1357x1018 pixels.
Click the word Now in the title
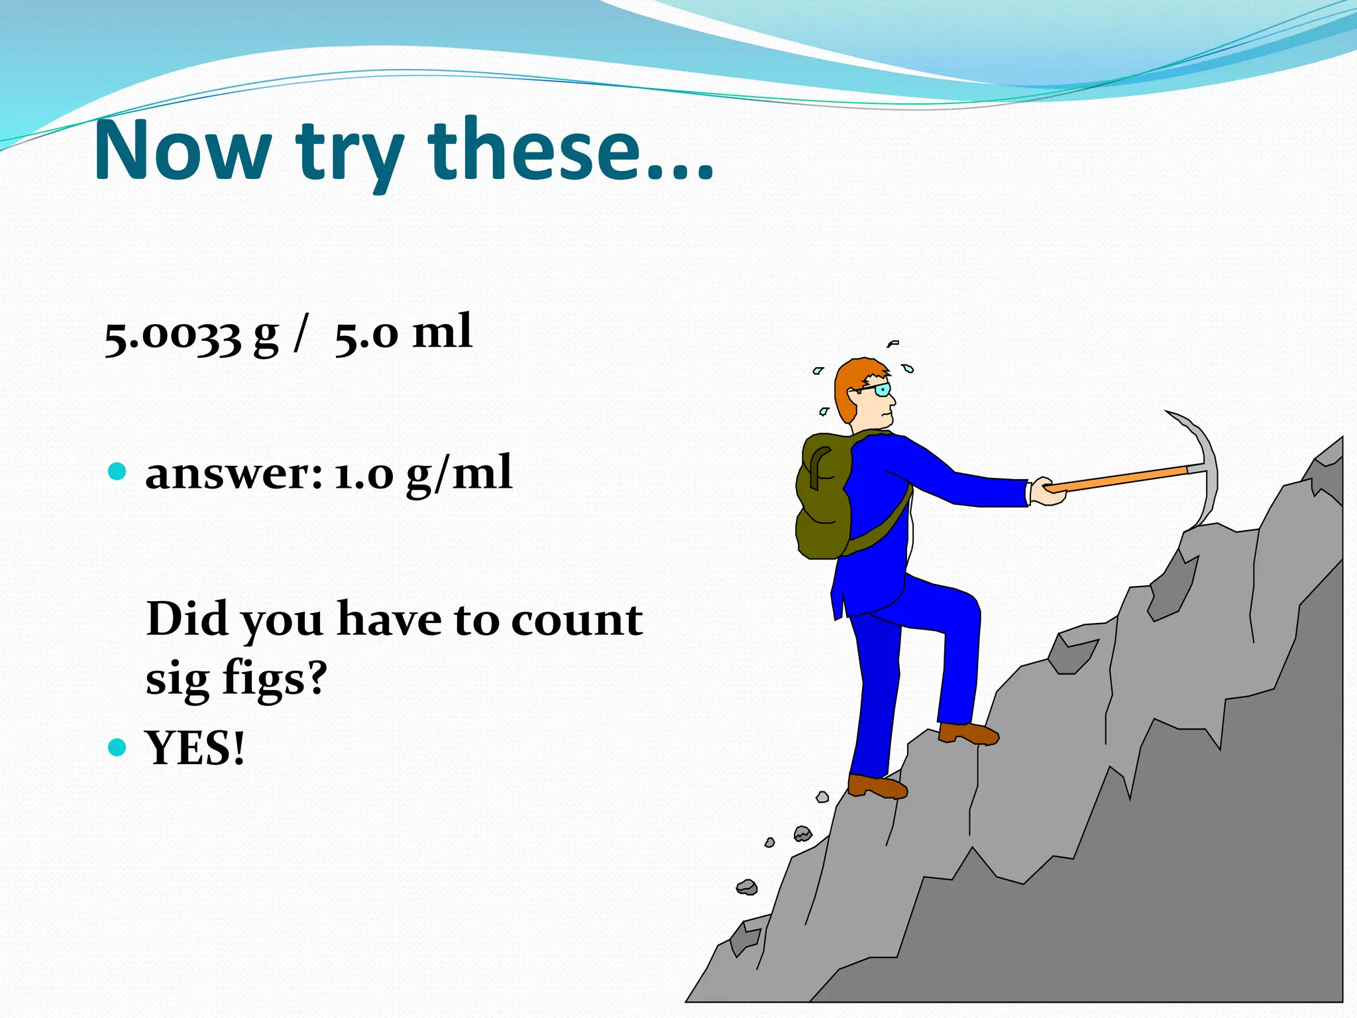click(182, 151)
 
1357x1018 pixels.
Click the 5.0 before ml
click(366, 335)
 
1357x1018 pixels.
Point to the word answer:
click(233, 475)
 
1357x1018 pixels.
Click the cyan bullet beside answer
click(117, 472)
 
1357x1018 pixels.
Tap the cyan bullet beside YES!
click(117, 747)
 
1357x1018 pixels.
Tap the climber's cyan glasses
click(881, 390)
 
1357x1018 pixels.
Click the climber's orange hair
click(851, 384)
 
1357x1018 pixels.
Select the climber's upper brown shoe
click(969, 734)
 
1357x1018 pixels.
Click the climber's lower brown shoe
click(876, 786)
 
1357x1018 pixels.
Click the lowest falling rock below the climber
click(747, 887)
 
